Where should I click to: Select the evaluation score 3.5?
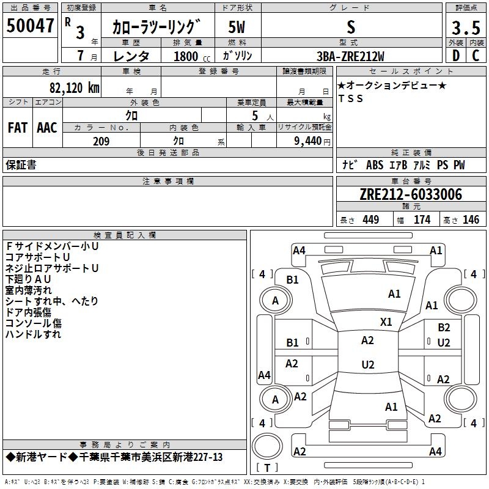pos(465,28)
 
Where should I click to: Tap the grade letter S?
pos(350,26)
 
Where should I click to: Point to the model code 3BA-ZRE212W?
pos(350,56)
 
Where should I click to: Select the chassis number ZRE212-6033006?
pos(411,194)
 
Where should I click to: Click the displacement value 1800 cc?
pos(188,56)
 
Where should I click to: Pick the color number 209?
pos(101,141)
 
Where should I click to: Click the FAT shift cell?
pos(17,127)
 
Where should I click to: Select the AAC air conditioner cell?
pos(46,127)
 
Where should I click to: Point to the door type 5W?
pos(237,27)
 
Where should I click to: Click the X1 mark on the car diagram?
pos(386,322)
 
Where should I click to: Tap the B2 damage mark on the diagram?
pos(444,328)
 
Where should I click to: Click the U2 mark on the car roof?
pos(367,365)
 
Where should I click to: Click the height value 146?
pos(470,219)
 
